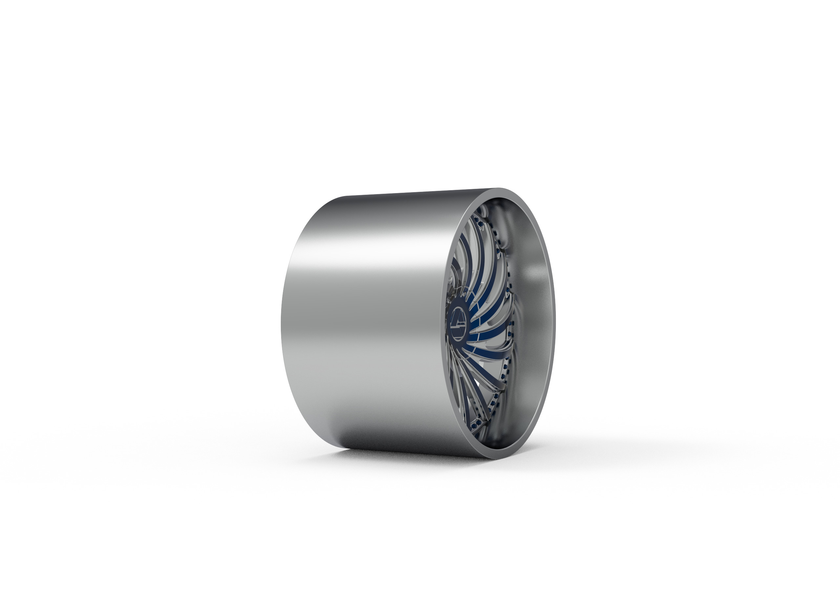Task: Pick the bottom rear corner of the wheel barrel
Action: coord(345,448)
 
